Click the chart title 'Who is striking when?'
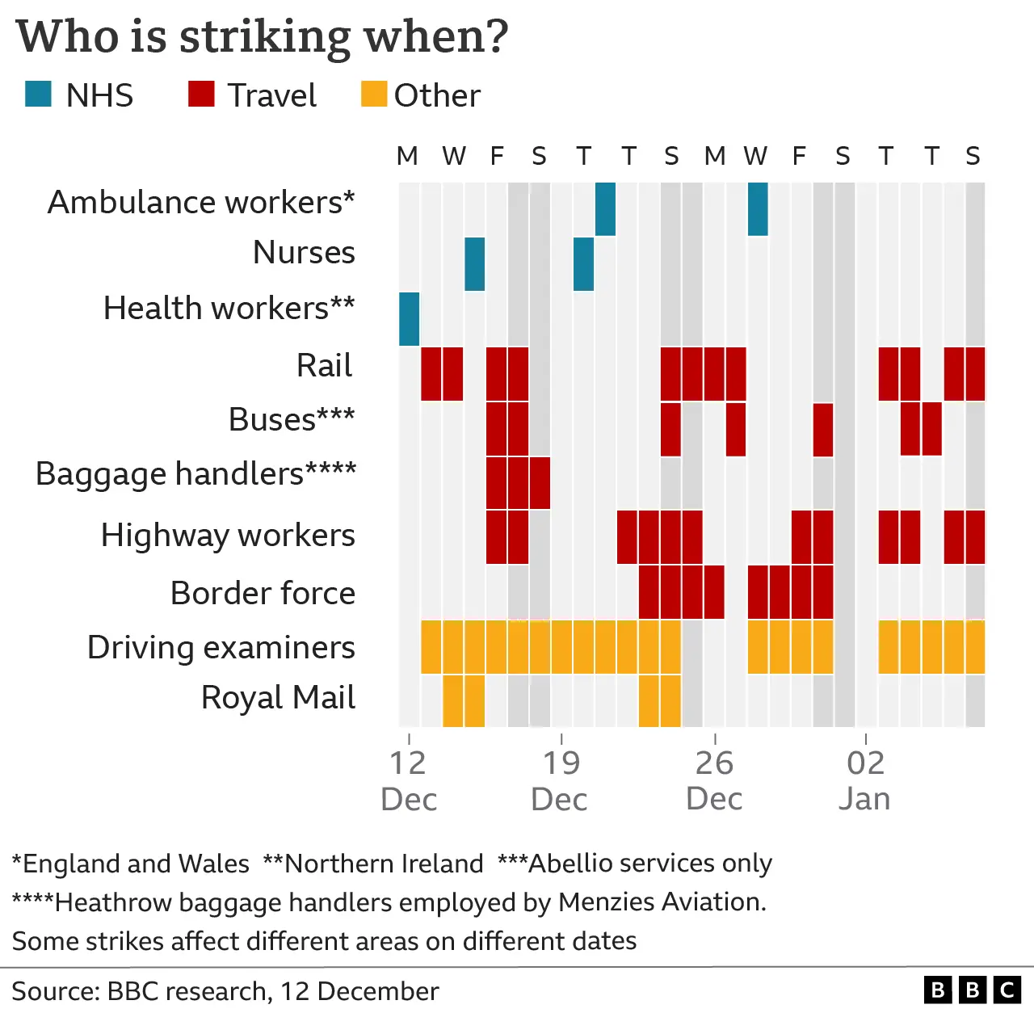pos(263,37)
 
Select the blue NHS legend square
pos(39,95)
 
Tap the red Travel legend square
pos(201,95)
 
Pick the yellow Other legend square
pos(374,95)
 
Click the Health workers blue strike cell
pos(410,319)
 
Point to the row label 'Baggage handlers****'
pos(195,474)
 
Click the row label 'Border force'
pos(263,593)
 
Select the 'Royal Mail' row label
pos(278,697)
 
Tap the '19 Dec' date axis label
pos(560,780)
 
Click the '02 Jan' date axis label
pos(865,780)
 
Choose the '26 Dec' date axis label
pos(714,780)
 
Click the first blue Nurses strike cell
pos(475,264)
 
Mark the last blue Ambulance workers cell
pos(758,209)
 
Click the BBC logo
pos(973,990)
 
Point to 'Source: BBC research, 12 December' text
pos(225,991)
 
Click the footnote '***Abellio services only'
pos(635,864)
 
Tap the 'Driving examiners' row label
pos(221,647)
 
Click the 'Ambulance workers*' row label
pos(201,202)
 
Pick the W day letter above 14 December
pos(454,156)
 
